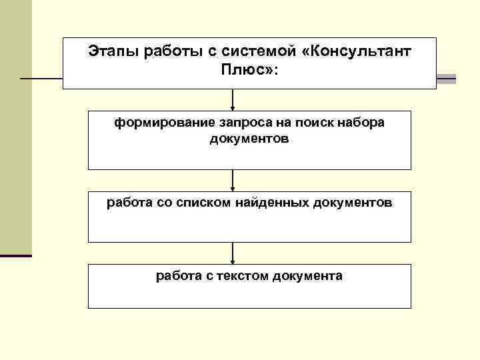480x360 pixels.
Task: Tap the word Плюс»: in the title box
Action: tap(250, 70)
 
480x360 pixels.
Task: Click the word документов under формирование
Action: tap(249, 139)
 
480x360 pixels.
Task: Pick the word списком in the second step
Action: tap(200, 203)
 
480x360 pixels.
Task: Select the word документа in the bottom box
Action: tap(307, 275)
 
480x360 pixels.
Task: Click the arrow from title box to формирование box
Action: tap(233, 100)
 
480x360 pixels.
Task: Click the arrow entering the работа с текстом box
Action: tap(233, 253)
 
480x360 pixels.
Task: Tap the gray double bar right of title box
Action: tap(446, 79)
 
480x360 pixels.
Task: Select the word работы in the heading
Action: tap(163, 52)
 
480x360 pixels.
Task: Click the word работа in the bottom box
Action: tap(174, 275)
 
